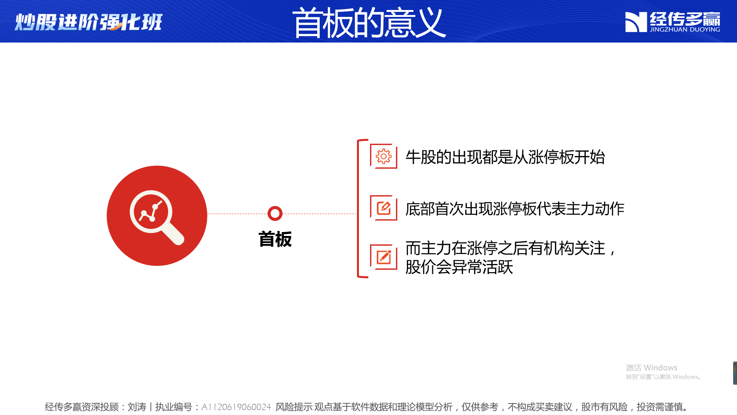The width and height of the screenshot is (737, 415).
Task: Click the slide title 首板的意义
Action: [369, 23]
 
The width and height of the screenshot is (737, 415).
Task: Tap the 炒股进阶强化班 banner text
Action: [89, 22]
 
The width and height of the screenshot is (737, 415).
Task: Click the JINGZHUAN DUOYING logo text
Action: [685, 30]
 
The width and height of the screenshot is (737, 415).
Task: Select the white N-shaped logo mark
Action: [636, 22]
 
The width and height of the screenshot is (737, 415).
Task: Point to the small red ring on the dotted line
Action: [275, 214]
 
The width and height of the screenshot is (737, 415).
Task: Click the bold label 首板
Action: [275, 239]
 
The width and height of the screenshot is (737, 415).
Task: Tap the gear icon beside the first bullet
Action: [383, 156]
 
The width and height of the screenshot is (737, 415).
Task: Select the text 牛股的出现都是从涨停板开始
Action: [505, 157]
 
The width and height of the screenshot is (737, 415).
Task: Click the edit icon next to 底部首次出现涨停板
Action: [383, 208]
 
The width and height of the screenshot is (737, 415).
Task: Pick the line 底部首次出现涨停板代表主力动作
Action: [515, 209]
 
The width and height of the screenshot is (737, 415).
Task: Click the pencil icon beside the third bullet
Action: [384, 257]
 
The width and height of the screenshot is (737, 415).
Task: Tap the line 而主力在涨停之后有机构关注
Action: [506, 248]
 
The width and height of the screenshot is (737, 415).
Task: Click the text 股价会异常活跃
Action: [459, 267]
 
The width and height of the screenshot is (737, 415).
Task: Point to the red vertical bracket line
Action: [358, 208]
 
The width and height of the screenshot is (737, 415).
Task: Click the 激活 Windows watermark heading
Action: [651, 368]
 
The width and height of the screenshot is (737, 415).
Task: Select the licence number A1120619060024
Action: [236, 407]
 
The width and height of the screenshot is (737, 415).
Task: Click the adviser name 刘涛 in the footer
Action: [137, 407]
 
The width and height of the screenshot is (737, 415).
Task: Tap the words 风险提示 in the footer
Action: [294, 407]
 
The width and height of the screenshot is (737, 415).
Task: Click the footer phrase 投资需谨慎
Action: [659, 407]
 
